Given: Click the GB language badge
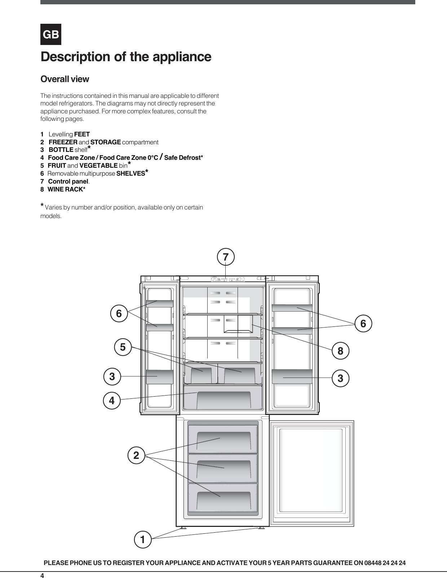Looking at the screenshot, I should (x=51, y=35).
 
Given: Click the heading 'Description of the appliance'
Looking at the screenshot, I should (x=126, y=57).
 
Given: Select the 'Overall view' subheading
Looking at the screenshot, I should (x=65, y=79).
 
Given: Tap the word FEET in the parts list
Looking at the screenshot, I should (x=82, y=134).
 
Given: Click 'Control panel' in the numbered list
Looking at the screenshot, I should (x=68, y=181).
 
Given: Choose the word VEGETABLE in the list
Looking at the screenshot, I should (x=98, y=166).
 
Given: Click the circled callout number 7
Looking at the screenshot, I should (x=226, y=257).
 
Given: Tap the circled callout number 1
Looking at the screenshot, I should (x=143, y=539).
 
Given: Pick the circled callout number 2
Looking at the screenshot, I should (x=136, y=455).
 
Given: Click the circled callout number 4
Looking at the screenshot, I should (x=112, y=400).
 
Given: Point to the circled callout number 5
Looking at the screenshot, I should (x=123, y=347).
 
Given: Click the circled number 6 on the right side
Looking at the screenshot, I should (x=363, y=324).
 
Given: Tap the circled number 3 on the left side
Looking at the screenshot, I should (x=112, y=376).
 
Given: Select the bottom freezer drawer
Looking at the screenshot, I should (x=223, y=498).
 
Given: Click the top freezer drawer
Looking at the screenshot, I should (x=223, y=439).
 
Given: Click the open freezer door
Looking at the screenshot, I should (x=312, y=473).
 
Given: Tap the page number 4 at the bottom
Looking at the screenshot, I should (x=42, y=575).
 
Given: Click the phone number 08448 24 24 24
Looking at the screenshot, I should (x=385, y=563).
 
